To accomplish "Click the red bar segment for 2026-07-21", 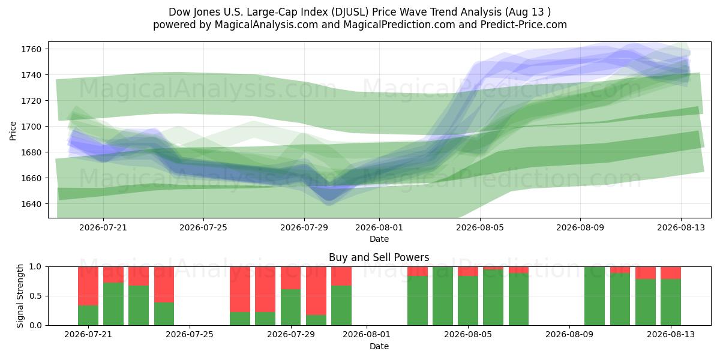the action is tap(88, 286).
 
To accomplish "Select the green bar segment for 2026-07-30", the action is tap(316, 320).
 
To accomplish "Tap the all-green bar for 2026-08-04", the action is tap(443, 296).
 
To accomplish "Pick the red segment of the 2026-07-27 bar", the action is tap(240, 289).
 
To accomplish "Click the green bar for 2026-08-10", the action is tap(595, 296).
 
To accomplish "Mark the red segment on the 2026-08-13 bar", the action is tap(671, 273).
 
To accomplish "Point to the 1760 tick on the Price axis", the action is tap(31, 49).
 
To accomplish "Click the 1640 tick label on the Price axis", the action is tap(31, 204).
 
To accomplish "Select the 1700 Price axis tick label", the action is tap(31, 127).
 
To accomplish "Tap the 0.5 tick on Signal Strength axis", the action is tap(35, 296).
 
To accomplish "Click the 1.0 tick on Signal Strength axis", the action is tap(35, 267).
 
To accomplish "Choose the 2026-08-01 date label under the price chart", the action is tap(379, 227).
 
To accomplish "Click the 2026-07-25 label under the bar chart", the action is tap(190, 334).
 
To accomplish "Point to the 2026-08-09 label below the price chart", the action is tap(580, 227).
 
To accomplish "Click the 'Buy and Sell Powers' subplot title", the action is tap(379, 257).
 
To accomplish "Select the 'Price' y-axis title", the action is tap(13, 131).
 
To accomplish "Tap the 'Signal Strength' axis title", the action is tap(20, 296).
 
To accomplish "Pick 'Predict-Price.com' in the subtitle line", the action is tap(524, 25).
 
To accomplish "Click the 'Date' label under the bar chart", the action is tap(379, 346).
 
